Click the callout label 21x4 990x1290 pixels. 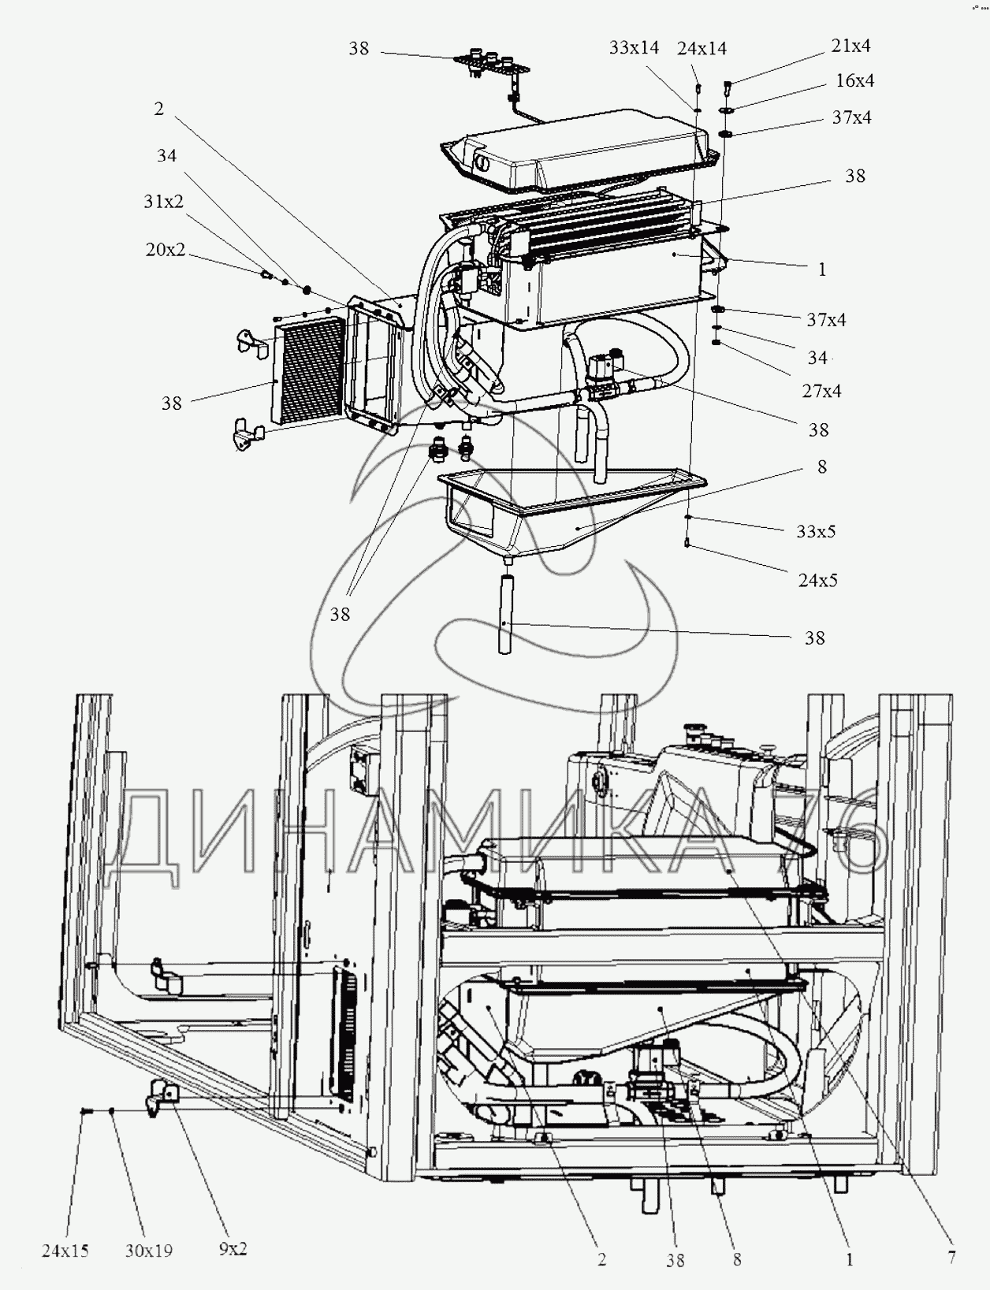[x=850, y=46]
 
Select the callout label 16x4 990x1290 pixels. [x=854, y=80]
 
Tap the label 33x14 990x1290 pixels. [x=634, y=48]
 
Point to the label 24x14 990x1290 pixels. [x=702, y=49]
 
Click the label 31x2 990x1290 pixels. [x=163, y=202]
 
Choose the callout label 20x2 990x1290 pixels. [x=166, y=250]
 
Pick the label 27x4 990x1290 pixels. [x=821, y=391]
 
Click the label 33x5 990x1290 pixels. [x=816, y=531]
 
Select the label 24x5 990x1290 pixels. [x=817, y=580]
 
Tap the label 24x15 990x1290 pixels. [x=65, y=1251]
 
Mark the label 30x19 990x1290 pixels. [x=148, y=1251]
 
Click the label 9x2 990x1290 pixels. [x=233, y=1249]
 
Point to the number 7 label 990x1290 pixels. [x=951, y=1258]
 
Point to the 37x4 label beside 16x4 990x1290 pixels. [x=852, y=117]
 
